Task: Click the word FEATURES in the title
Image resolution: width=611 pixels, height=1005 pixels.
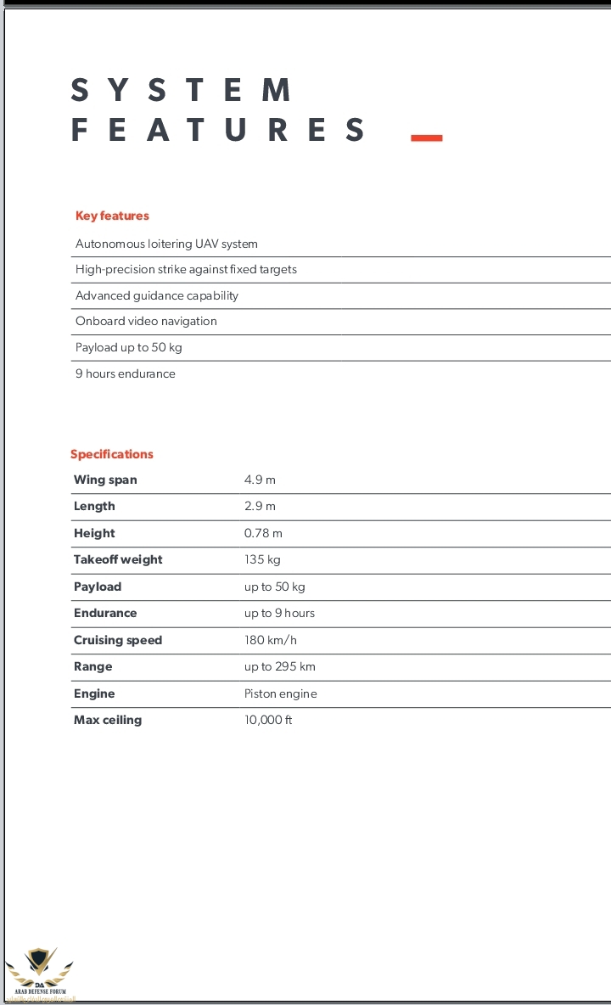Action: [x=218, y=131]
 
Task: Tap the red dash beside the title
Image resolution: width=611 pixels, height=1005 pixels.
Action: [x=426, y=138]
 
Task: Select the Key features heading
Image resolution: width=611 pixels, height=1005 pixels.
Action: [x=112, y=216]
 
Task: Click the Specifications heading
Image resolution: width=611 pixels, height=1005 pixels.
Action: [x=112, y=454]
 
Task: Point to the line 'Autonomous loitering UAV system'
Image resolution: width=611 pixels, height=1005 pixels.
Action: [x=166, y=244]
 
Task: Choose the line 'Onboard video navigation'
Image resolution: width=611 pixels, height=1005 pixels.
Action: [x=146, y=321]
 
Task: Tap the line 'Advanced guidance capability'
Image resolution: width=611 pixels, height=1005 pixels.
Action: [x=157, y=295]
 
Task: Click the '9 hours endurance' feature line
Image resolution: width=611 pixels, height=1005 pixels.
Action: [x=126, y=373]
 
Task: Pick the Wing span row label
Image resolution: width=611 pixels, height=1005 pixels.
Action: [x=105, y=480]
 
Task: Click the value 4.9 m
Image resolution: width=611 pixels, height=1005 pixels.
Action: [x=260, y=480]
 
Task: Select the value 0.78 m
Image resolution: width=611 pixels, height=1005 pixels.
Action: [x=263, y=533]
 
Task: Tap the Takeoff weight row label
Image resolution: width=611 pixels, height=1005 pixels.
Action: [x=118, y=559]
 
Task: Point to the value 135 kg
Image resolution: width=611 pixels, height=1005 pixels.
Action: [x=262, y=559]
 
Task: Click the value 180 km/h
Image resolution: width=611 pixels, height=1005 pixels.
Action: [x=271, y=640]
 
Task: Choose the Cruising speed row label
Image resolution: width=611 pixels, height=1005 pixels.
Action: [x=118, y=640]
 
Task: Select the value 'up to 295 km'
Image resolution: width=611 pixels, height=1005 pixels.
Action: [x=280, y=666]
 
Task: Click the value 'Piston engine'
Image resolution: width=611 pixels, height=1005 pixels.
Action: [x=281, y=693]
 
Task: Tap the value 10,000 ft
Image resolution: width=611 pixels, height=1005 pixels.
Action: [x=268, y=720]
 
